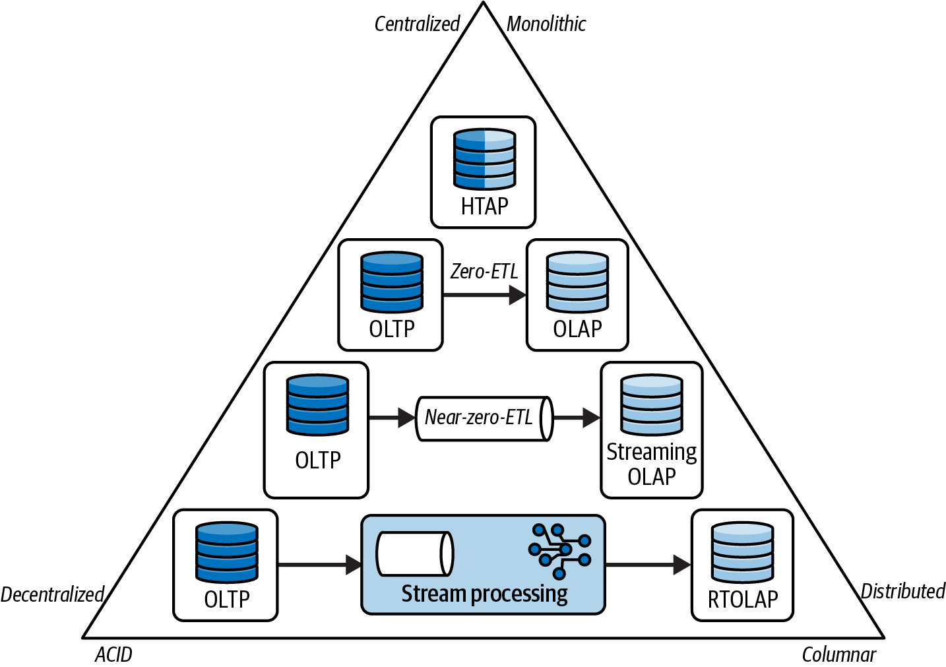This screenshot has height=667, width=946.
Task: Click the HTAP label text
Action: coord(484,206)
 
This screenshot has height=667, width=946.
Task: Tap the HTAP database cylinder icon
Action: coord(484,159)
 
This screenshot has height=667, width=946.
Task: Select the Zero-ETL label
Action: coord(484,271)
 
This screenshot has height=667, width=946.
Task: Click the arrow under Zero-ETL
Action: coord(484,295)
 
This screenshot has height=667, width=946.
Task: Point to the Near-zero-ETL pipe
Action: coord(484,419)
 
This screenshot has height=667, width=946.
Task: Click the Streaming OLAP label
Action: coord(652,464)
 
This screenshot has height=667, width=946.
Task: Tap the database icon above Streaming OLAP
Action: coord(651,404)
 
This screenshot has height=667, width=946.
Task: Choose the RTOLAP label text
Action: coord(742,599)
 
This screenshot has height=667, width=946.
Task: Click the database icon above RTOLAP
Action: coord(742,552)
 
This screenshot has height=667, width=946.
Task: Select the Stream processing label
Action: coord(484,594)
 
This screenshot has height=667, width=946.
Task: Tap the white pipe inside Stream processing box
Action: coord(415,554)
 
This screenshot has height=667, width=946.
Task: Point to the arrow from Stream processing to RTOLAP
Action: coord(648,565)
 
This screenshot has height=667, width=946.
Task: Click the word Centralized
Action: coord(417,24)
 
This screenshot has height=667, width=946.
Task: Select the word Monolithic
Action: coord(546,24)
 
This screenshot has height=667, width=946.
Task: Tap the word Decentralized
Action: coord(52,594)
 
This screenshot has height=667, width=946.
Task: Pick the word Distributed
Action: coord(903,591)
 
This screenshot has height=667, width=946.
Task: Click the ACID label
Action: coord(113,654)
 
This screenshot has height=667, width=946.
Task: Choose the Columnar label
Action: coord(838,654)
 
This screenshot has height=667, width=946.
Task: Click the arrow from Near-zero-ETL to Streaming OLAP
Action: coord(577,418)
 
